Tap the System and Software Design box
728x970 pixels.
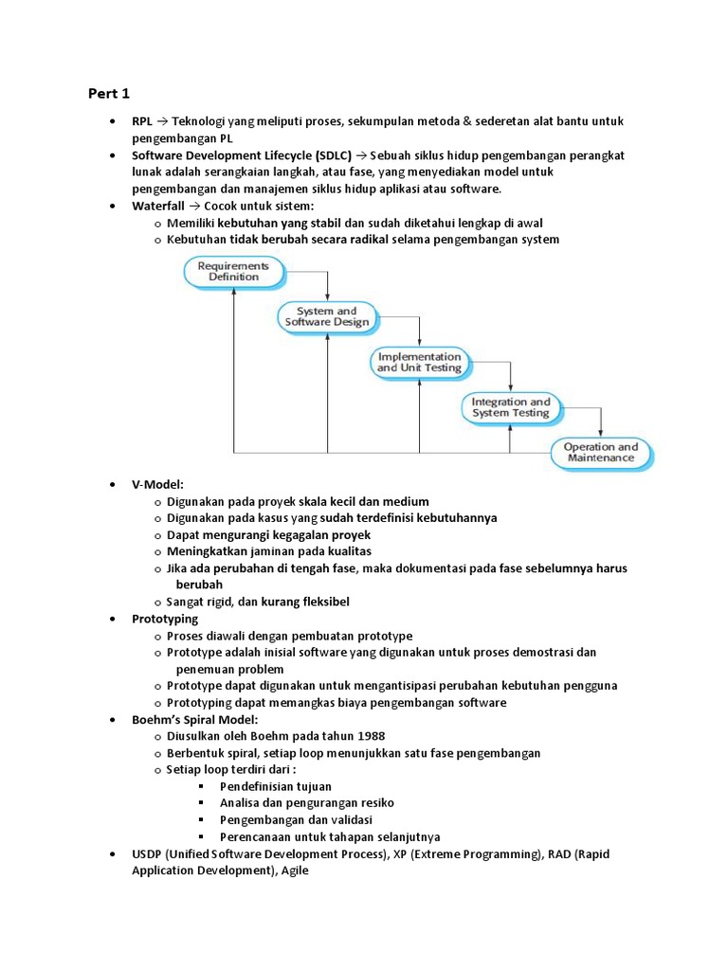pyautogui.click(x=326, y=316)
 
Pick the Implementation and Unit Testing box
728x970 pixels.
pyautogui.click(x=419, y=362)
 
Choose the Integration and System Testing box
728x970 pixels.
pyautogui.click(x=510, y=407)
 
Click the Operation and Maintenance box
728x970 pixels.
pyautogui.click(x=601, y=453)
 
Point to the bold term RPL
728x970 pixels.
pyautogui.click(x=142, y=122)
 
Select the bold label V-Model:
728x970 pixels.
pyautogui.click(x=157, y=484)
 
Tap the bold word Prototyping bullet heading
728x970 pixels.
pyautogui.click(x=165, y=619)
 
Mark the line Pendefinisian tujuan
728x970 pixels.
pyautogui.click(x=275, y=786)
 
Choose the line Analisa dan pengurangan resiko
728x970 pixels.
pyautogui.click(x=307, y=803)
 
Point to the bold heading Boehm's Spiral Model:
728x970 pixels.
pyautogui.click(x=195, y=719)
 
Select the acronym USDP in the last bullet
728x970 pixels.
pyautogui.click(x=147, y=853)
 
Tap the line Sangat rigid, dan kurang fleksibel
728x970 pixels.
pyautogui.click(x=264, y=602)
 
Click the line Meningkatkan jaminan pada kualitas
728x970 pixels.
pyautogui.click(x=269, y=551)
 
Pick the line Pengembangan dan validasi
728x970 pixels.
pyautogui.click(x=295, y=820)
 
